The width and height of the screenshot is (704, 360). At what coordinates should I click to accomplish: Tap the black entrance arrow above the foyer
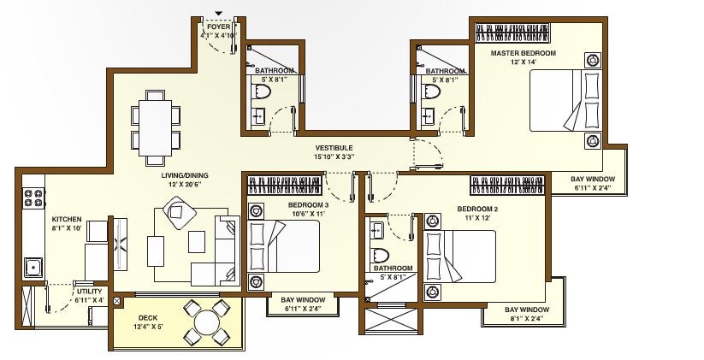219,12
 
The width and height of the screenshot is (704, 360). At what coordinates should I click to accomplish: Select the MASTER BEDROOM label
523,53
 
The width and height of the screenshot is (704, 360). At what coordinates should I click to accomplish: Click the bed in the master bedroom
565,101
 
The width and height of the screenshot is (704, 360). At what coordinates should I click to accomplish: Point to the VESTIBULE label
334,148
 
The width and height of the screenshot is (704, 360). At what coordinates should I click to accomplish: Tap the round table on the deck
208,322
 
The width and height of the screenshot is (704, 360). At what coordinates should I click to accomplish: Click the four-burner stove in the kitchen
33,199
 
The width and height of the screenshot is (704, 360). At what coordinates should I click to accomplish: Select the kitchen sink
33,268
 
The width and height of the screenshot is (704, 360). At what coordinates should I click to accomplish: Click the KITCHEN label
66,219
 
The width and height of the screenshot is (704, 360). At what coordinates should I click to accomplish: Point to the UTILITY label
88,292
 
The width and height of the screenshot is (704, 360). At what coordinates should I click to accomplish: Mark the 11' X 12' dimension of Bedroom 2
477,219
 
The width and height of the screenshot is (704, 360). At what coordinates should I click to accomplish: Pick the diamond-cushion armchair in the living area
178,210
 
